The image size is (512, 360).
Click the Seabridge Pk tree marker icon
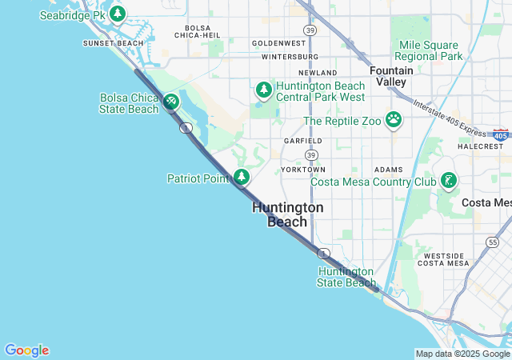click(x=118, y=14)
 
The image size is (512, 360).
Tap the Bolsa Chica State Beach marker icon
click(x=170, y=102)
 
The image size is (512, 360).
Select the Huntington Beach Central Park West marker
click(x=264, y=90)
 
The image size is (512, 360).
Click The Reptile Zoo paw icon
click(x=393, y=120)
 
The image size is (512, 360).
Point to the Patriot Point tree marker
click(x=242, y=177)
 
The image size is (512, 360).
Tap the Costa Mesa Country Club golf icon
click(x=449, y=181)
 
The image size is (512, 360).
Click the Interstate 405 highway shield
click(x=501, y=135)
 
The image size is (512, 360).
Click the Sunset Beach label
click(x=114, y=42)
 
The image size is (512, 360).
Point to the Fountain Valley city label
click(x=391, y=76)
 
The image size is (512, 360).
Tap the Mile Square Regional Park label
click(x=430, y=50)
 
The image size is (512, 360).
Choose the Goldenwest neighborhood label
click(x=278, y=42)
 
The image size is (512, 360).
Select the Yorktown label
click(x=303, y=170)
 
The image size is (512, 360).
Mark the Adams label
click(x=389, y=170)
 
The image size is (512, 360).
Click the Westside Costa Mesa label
click(x=442, y=258)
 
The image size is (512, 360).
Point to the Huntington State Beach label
click(x=346, y=277)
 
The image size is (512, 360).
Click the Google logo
click(x=26, y=350)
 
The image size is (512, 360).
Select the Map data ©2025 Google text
click(x=462, y=354)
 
